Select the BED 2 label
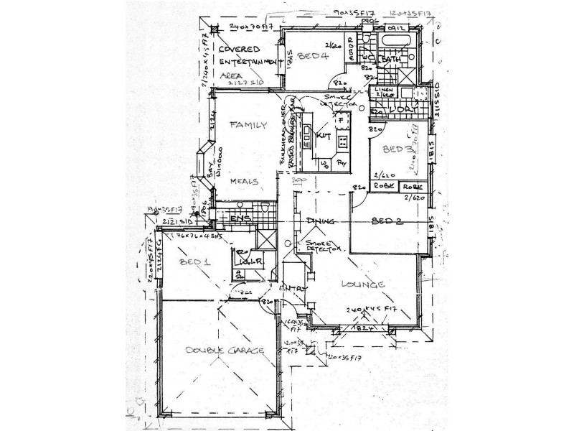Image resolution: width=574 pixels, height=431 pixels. coord(387,222)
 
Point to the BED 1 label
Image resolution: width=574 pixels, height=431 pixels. coord(194,262)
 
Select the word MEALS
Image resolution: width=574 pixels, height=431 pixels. coord(243,182)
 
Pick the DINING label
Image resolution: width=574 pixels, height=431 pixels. coord(320,221)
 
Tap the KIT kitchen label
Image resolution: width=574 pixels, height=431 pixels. coord(323,134)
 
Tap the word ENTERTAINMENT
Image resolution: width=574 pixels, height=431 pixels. coord(248,62)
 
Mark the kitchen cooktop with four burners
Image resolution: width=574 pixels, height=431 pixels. coord(342,141)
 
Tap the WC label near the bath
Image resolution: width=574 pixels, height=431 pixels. coord(367,56)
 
